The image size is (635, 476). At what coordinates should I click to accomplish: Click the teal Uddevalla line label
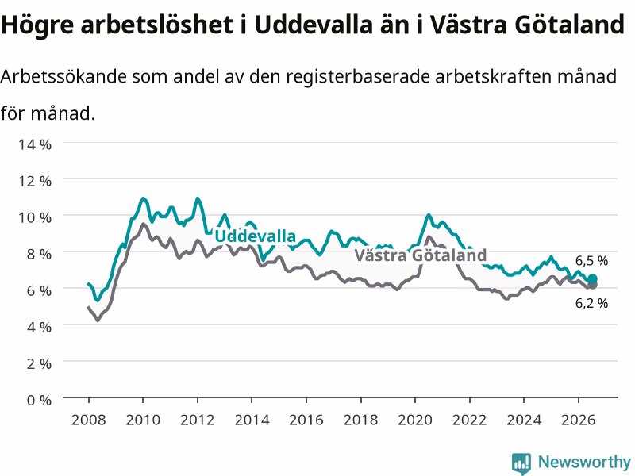[255, 236]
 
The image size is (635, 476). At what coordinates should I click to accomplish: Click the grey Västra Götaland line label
[421, 255]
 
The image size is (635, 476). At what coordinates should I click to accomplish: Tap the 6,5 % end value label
[591, 261]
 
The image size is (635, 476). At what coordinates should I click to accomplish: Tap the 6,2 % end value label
[591, 303]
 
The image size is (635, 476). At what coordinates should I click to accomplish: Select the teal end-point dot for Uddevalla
[592, 279]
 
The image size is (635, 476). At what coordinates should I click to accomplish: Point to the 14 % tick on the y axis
[35, 144]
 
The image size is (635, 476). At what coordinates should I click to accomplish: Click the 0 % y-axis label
[39, 400]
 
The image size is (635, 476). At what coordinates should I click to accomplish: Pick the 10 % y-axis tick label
[35, 217]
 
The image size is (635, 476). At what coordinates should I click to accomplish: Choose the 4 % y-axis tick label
[39, 327]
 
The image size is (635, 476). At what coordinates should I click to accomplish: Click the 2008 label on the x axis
[89, 420]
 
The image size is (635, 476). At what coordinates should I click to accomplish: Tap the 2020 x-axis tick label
[415, 420]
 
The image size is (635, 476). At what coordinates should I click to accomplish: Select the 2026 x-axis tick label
[579, 420]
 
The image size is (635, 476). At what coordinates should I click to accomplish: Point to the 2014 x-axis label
[252, 420]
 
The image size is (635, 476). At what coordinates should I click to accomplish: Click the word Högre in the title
[37, 25]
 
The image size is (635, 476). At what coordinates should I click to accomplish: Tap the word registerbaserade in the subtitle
[356, 76]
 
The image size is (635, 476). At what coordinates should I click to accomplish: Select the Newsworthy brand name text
[584, 462]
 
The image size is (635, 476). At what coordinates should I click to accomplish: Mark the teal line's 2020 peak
[429, 215]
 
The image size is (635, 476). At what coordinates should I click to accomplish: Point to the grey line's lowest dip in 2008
[98, 321]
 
